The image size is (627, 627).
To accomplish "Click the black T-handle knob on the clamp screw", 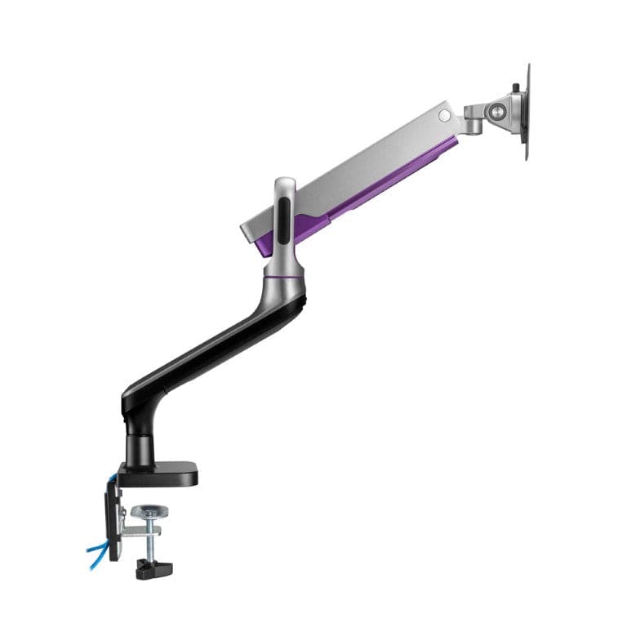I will (x=152, y=569).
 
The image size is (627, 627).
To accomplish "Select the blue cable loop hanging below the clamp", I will (x=97, y=556).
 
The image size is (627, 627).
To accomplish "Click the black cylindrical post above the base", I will (x=139, y=445).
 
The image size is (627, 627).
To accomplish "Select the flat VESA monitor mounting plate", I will (x=525, y=114).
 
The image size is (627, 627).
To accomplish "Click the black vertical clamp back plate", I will (x=113, y=522).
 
